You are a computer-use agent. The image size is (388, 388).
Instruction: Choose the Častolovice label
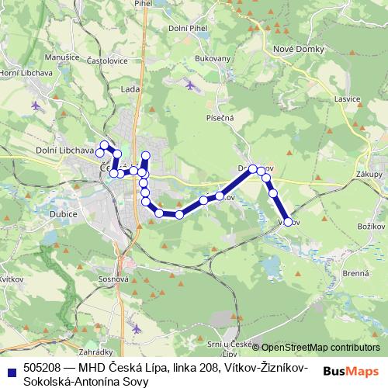point(106,60)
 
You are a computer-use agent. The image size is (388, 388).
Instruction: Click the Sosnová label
point(113,277)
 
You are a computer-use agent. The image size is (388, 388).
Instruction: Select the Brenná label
point(355,274)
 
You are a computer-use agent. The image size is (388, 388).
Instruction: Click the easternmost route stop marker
point(288,222)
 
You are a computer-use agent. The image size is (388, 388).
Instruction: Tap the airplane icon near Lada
point(191,84)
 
